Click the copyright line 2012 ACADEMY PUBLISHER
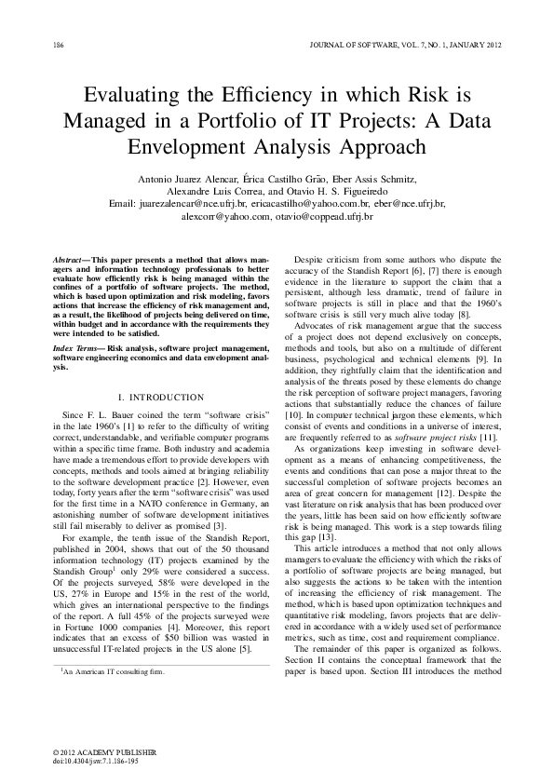104,750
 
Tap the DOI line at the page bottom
94,759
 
